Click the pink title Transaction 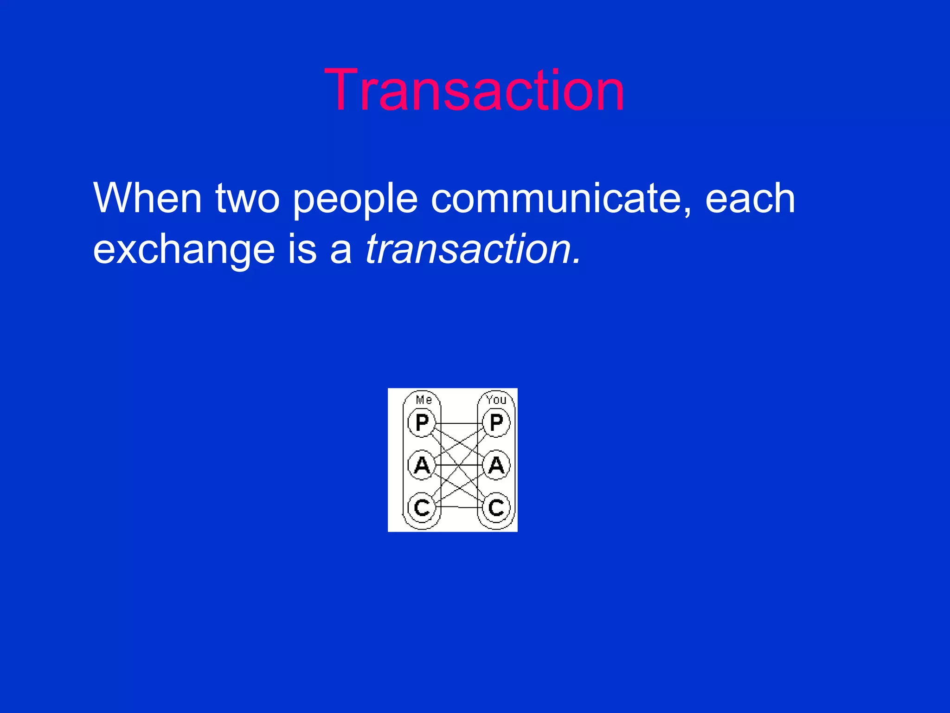474,90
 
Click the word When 148,199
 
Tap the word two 248,199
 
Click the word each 750,199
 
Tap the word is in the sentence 302,250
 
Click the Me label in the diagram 424,400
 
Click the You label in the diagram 496,400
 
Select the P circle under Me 422,422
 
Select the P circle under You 496,422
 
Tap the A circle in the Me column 422,465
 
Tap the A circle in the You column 496,465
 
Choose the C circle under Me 422,507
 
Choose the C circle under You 496,507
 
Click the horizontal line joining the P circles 459,423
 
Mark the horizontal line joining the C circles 459,507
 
